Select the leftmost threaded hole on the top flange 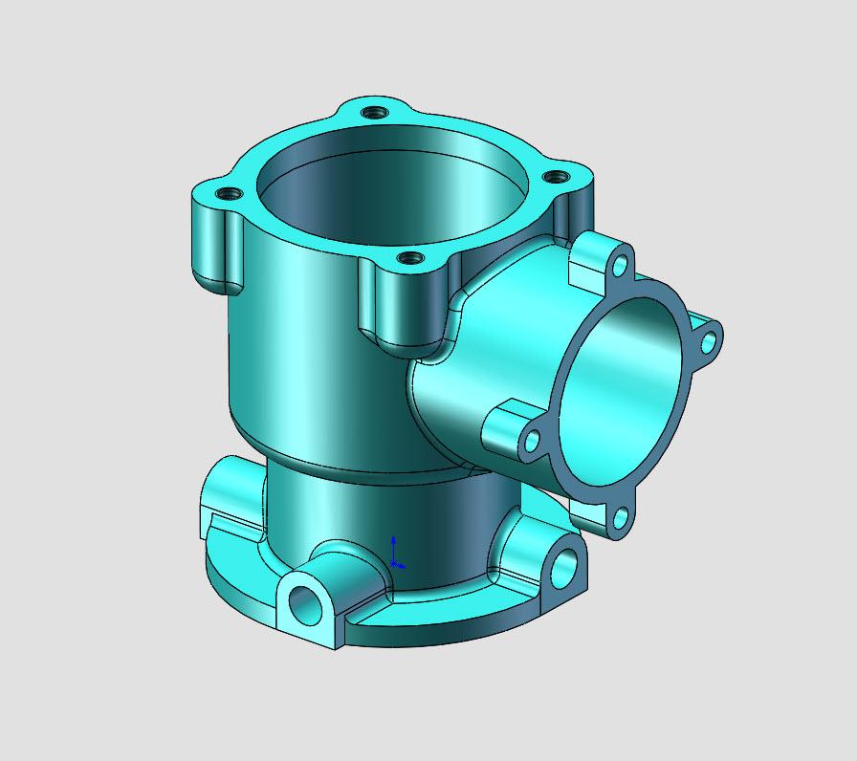coord(227,194)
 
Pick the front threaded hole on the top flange coord(409,258)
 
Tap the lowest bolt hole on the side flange coord(620,519)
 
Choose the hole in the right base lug coord(564,568)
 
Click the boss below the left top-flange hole coord(215,244)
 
